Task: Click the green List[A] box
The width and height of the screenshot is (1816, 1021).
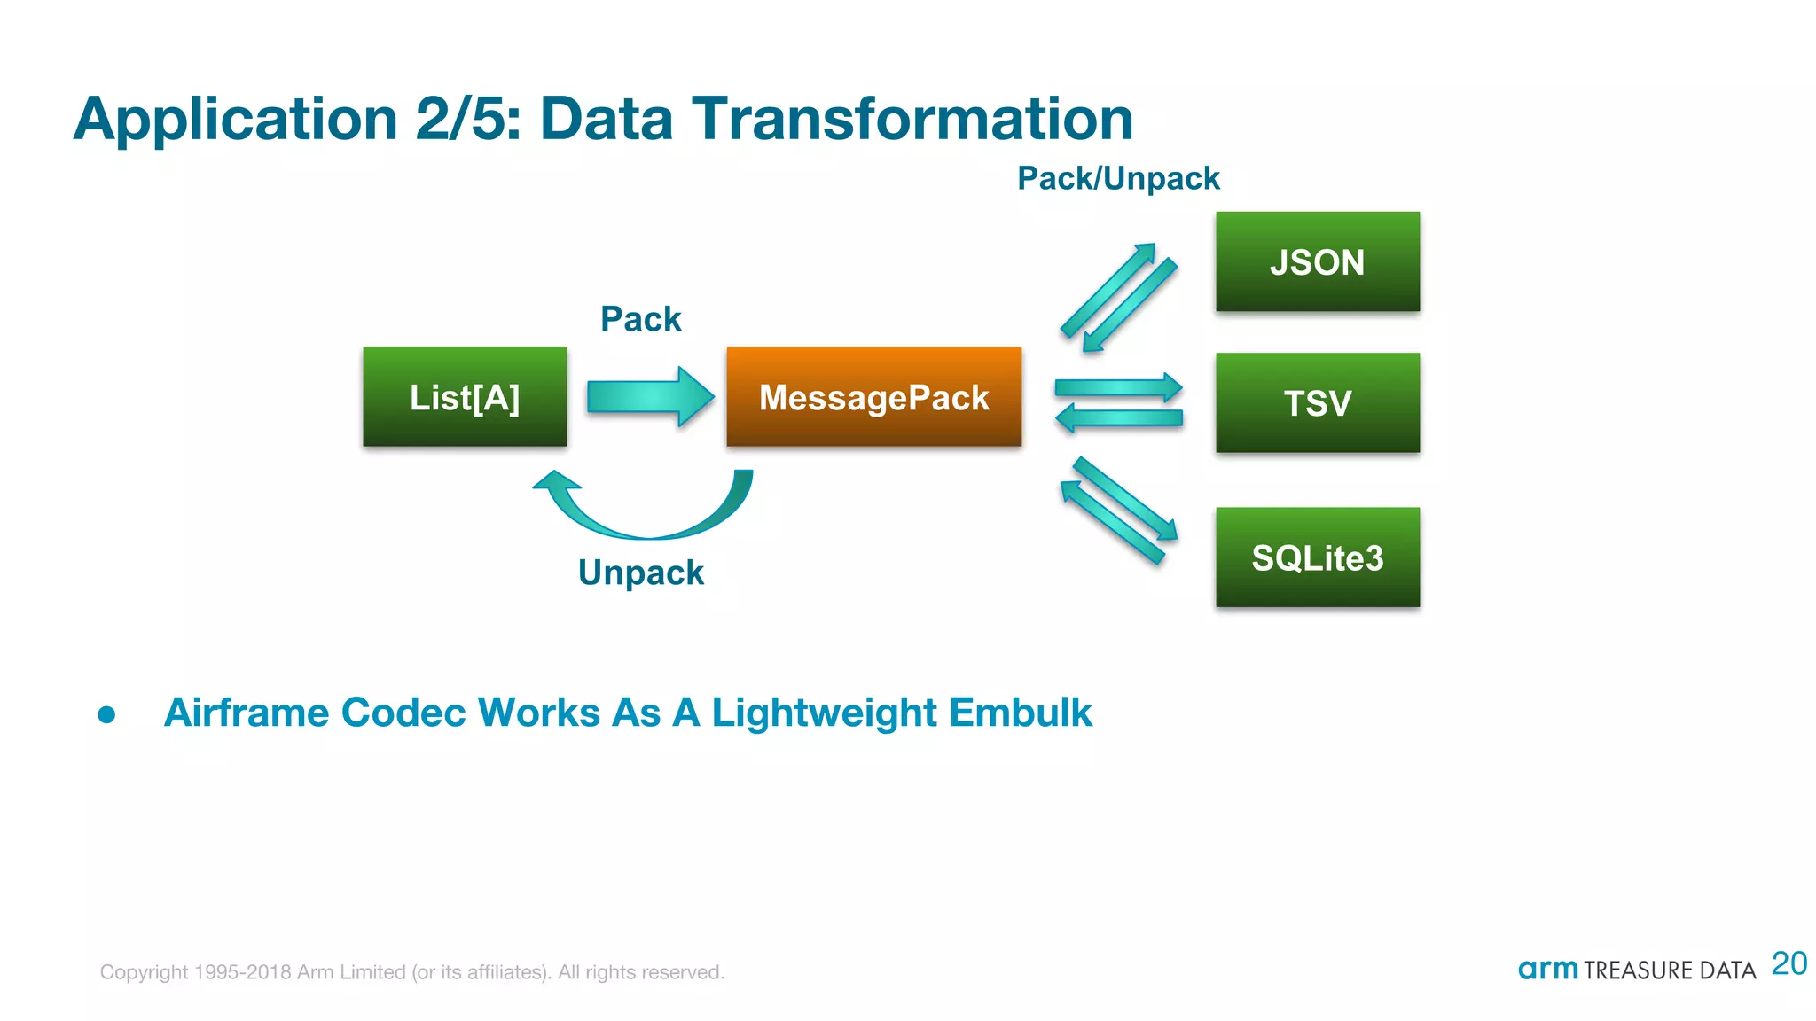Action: coord(465,396)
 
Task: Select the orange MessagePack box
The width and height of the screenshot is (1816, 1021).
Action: coord(873,396)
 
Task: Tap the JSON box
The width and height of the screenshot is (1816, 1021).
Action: coord(1317,261)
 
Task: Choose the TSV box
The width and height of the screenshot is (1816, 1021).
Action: coord(1317,403)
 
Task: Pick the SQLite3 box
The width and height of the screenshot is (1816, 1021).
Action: coord(1317,557)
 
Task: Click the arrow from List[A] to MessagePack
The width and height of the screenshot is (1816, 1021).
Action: coord(650,396)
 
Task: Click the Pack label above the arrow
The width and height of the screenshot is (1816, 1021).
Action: coord(640,319)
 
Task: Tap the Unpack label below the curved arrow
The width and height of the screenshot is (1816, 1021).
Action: coord(640,573)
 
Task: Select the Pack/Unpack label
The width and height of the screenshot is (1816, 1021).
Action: coord(1118,178)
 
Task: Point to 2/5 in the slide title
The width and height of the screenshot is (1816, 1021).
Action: coord(467,119)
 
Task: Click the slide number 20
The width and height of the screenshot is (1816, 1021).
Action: coord(1789,963)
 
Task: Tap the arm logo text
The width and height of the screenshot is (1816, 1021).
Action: coord(1547,969)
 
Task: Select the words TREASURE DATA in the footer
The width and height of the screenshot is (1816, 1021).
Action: coord(1670,970)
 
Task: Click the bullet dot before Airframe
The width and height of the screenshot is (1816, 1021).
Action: coord(107,714)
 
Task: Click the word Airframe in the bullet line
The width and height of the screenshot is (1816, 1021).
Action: coord(246,713)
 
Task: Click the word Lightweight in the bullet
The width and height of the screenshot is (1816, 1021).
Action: coord(824,713)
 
